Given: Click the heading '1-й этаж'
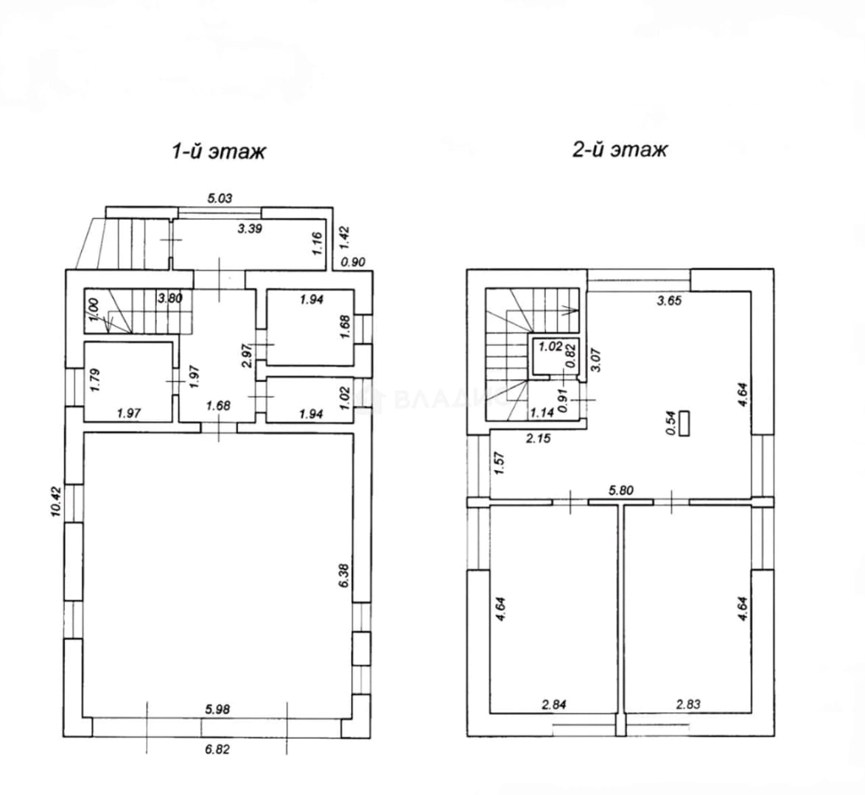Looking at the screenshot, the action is point(219,150).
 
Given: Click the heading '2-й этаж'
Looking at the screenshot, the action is point(620,149).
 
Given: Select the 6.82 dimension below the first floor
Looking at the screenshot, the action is point(217,749).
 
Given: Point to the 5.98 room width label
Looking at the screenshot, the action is point(217,710).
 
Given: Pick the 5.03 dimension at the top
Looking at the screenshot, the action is point(220,198).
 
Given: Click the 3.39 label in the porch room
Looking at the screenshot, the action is point(250,229).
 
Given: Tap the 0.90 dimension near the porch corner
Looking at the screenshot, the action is point(353,263).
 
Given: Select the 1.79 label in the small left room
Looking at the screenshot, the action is point(94,381).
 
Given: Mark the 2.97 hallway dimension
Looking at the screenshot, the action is point(247,356).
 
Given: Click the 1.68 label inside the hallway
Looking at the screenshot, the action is point(218,406).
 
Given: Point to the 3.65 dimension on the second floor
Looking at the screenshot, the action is point(669,301).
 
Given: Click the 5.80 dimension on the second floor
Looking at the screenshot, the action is point(620,490).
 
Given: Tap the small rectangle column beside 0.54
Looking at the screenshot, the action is point(684,423).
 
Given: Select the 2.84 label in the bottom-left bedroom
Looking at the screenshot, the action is point(554,704).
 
